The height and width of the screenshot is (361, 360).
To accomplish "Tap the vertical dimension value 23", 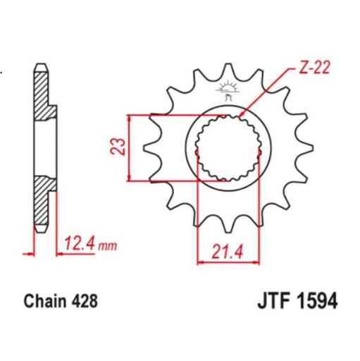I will [x=119, y=146].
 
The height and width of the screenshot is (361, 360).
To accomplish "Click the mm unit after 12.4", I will [x=107, y=246].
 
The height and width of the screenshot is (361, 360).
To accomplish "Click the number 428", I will [x=84, y=302].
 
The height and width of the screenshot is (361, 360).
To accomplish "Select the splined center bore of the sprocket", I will [x=227, y=147].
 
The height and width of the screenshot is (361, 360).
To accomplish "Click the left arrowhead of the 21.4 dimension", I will [x=200, y=261].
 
